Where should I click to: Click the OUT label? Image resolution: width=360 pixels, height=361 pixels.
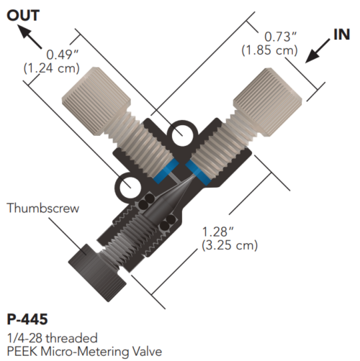(x=23, y=14)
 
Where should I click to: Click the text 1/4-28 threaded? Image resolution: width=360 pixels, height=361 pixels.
(x=52, y=337)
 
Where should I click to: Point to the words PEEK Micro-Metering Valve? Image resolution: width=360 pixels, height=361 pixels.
(x=79, y=349)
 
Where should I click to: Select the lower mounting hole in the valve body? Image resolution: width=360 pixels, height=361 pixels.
(x=130, y=188)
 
